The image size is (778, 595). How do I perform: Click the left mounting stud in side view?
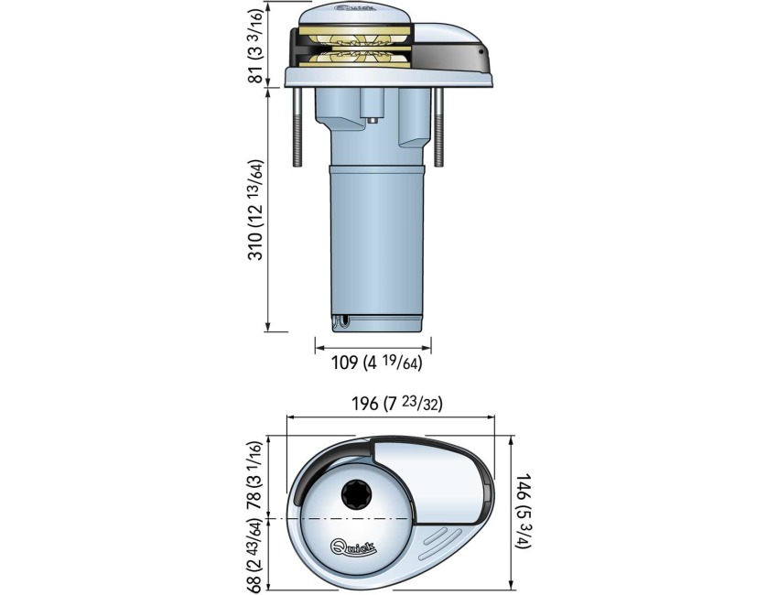298,128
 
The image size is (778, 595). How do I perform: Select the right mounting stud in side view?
440,128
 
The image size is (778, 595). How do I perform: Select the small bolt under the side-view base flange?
375,117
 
